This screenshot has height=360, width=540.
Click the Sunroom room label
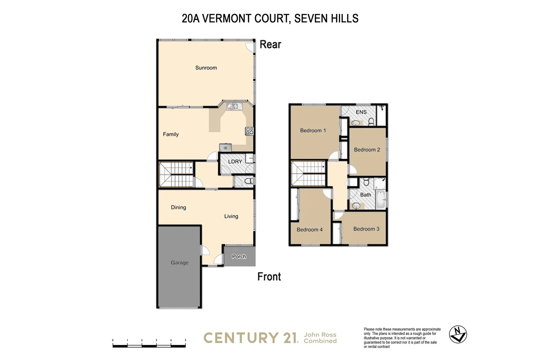(x=206, y=68)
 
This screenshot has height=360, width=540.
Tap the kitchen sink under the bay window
(x=232, y=106)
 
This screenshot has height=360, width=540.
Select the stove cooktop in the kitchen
(x=249, y=131)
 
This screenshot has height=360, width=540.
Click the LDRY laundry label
(x=235, y=161)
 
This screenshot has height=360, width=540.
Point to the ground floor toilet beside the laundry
(x=248, y=181)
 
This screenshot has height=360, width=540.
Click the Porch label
(x=239, y=257)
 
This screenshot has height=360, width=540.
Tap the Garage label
(x=180, y=262)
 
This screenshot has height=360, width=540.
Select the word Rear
(x=270, y=45)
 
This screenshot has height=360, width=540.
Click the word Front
(x=269, y=277)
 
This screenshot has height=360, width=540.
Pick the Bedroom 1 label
(x=313, y=130)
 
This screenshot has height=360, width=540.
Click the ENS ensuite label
(x=361, y=112)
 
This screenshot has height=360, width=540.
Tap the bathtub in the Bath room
(x=380, y=199)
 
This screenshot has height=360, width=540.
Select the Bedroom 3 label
(x=366, y=229)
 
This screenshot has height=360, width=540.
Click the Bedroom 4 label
(x=309, y=230)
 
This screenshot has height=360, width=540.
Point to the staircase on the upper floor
(x=308, y=173)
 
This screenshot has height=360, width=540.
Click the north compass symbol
(x=458, y=334)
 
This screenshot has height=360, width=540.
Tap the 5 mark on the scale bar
(x=185, y=340)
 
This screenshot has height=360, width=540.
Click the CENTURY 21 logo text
(x=251, y=338)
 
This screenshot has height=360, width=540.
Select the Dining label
(x=178, y=207)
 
